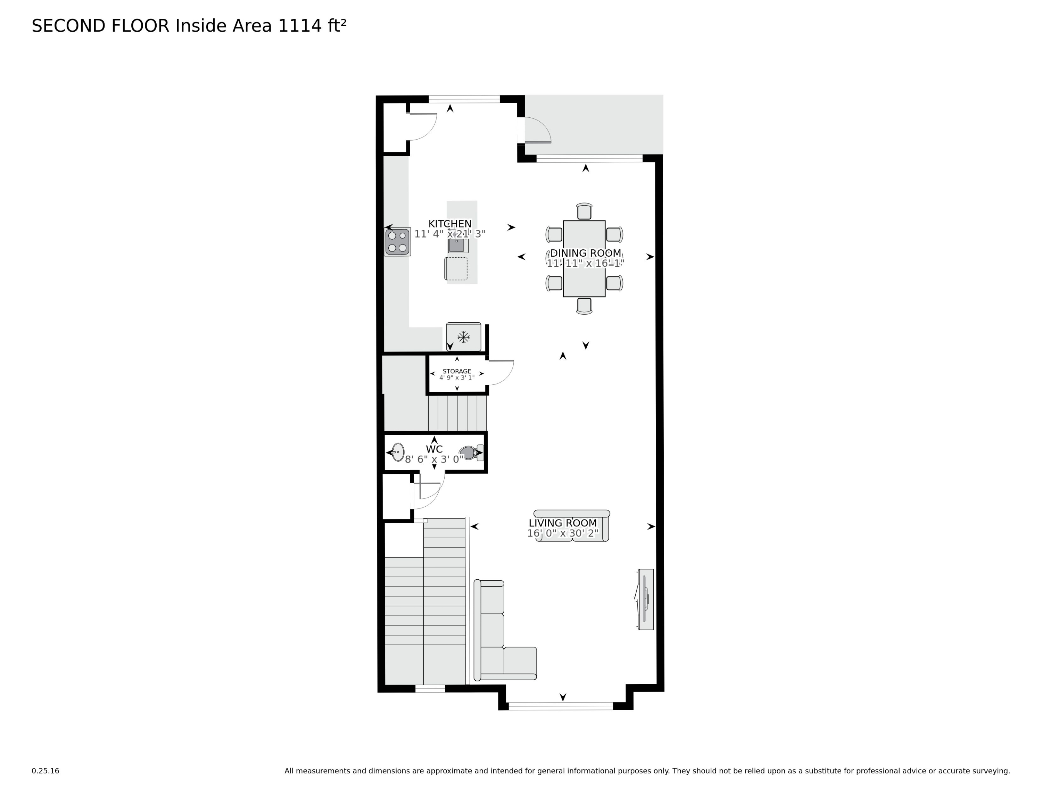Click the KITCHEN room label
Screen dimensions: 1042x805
click(x=450, y=224)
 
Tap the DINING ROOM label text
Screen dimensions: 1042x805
click(x=586, y=253)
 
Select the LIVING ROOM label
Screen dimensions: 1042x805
click(x=563, y=523)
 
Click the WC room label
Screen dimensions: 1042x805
click(x=434, y=449)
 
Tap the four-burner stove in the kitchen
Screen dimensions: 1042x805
click(x=397, y=242)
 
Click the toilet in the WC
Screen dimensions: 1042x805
click(x=471, y=453)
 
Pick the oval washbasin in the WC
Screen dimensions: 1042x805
click(x=398, y=452)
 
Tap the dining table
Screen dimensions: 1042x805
click(x=584, y=258)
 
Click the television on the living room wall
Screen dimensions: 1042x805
click(x=646, y=599)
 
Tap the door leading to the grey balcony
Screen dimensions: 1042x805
click(x=538, y=130)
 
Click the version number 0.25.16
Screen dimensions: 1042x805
click(x=45, y=771)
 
